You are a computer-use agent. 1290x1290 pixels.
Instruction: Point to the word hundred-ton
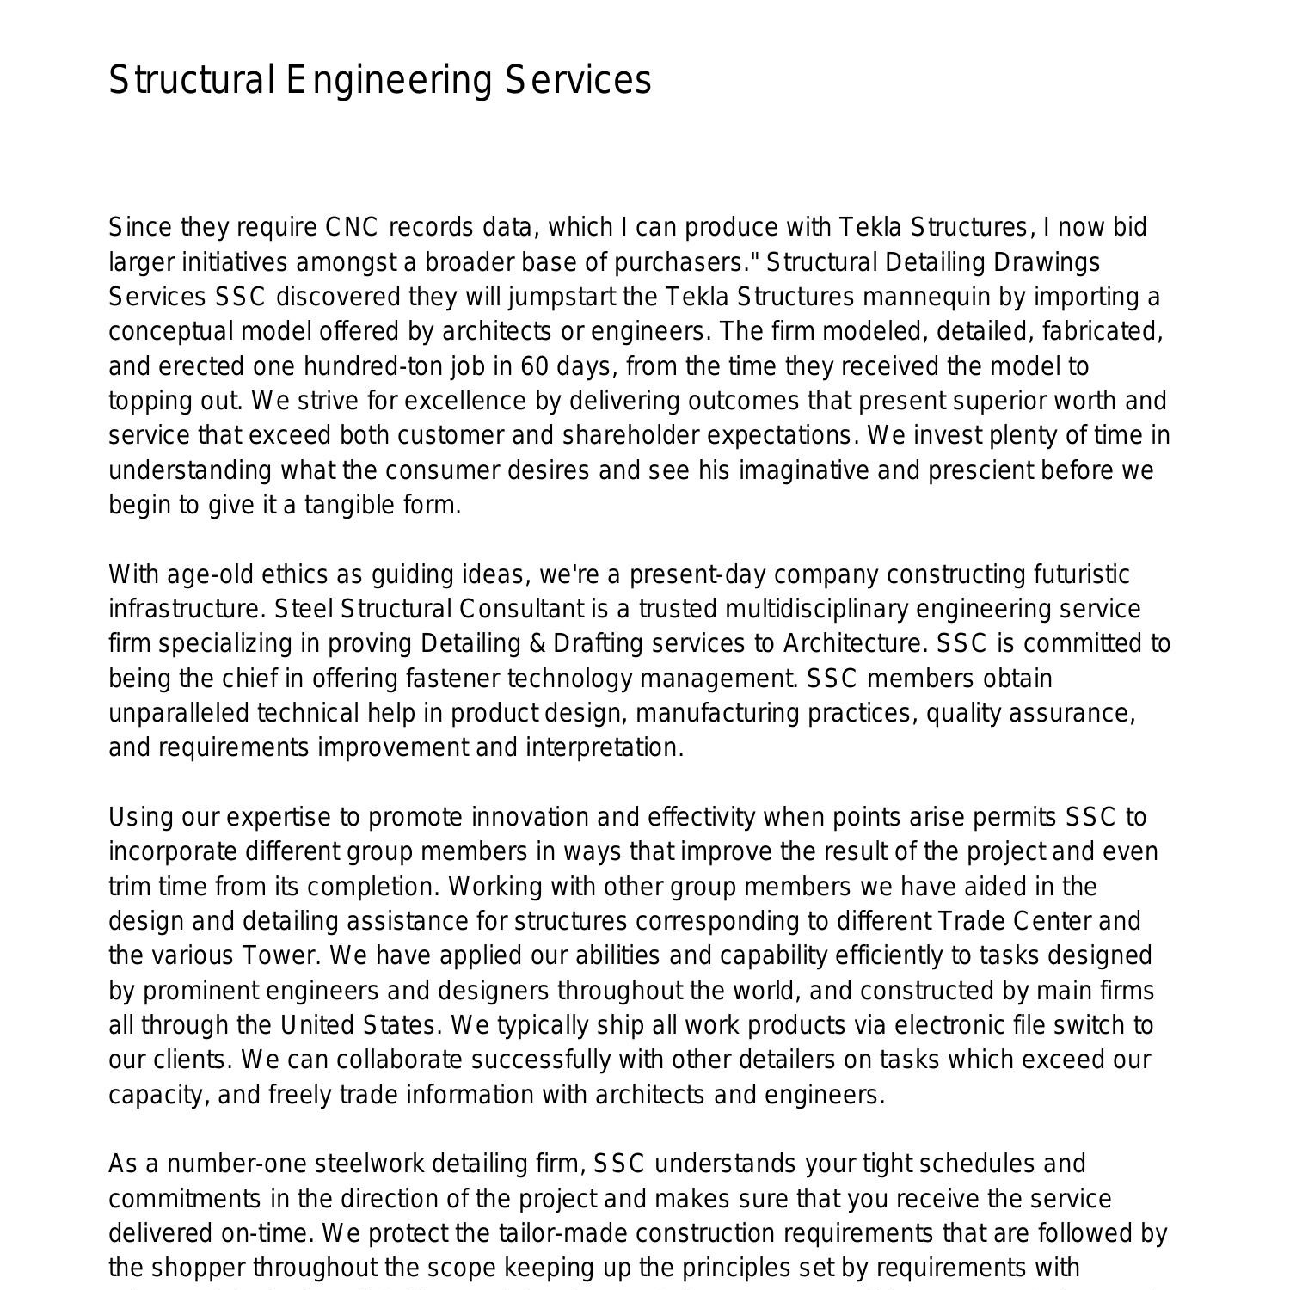(393, 366)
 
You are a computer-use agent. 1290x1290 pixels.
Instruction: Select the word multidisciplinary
(816, 610)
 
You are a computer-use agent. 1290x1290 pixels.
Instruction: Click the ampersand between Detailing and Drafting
(537, 644)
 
